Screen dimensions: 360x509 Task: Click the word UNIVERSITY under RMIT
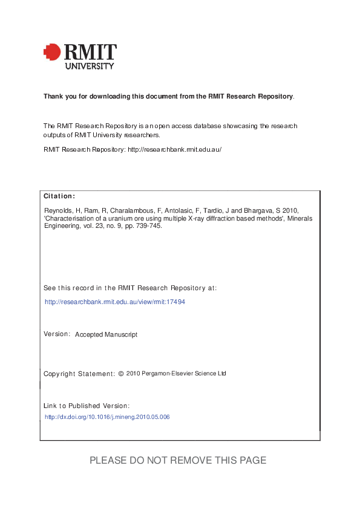(89, 66)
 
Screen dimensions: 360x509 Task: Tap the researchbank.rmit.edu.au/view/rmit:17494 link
(115, 301)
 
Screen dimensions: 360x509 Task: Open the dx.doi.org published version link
(107, 417)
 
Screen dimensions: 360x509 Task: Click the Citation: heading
(59, 196)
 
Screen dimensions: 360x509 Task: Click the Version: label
(57, 334)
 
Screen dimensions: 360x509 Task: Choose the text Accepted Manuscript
(106, 334)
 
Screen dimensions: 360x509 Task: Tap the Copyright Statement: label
(79, 374)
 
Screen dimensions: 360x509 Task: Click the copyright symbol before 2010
(121, 374)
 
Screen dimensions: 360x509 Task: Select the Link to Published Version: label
(87, 406)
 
